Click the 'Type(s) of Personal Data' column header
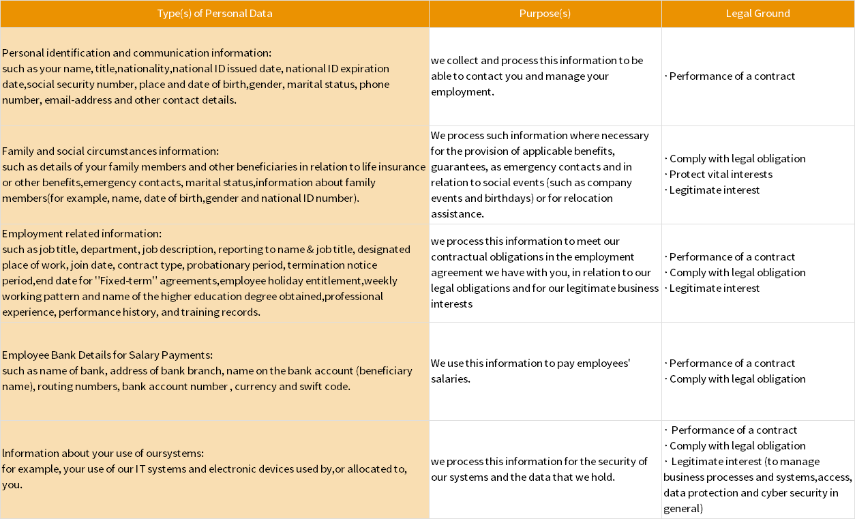(214, 14)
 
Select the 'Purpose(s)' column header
(545, 14)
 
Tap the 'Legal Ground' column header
(757, 14)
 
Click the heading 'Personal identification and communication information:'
(136, 53)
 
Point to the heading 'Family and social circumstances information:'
(110, 151)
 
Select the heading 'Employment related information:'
(82, 234)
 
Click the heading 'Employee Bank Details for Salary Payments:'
(108, 355)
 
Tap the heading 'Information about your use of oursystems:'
(103, 454)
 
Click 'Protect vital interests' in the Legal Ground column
(721, 175)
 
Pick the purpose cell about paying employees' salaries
(530, 371)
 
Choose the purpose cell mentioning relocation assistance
(540, 175)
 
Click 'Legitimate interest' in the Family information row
(714, 190)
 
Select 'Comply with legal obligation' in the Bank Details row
(737, 379)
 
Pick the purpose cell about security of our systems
(539, 469)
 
